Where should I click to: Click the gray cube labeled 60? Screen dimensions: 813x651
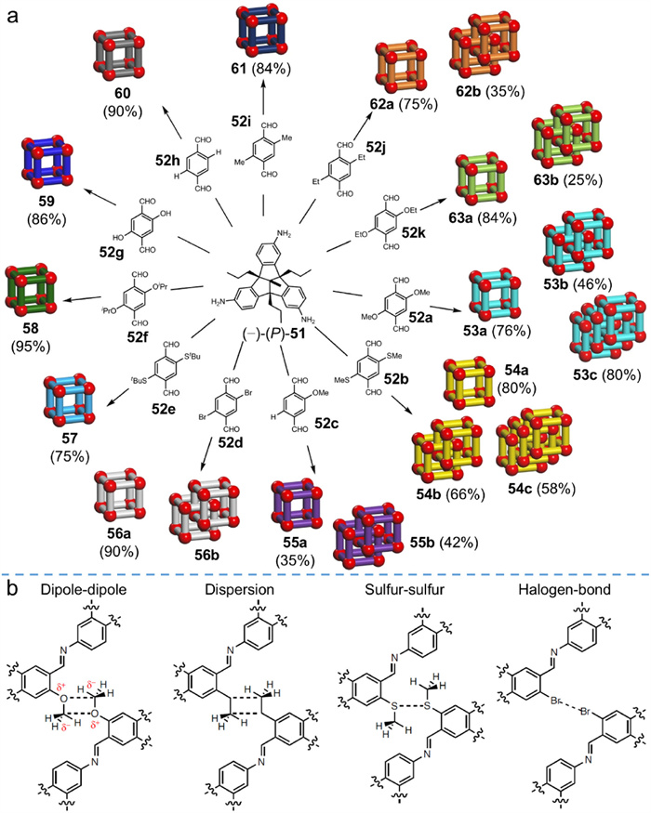tap(120, 63)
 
